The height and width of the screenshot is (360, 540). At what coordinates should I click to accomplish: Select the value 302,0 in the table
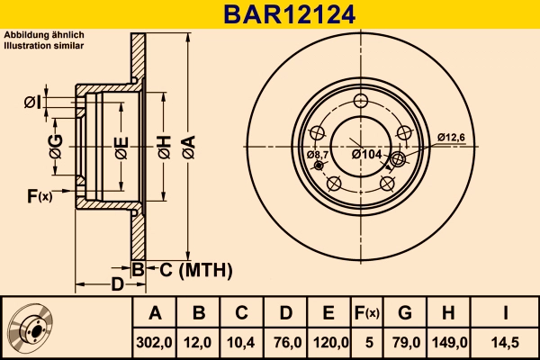pyautogui.click(x=155, y=341)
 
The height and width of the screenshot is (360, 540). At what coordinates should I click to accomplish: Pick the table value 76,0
pyautogui.click(x=286, y=341)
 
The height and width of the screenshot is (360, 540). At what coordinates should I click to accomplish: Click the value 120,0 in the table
pyautogui.click(x=329, y=341)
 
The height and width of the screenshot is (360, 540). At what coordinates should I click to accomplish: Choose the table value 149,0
pyautogui.click(x=448, y=341)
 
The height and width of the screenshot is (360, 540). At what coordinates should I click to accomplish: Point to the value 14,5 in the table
pyautogui.click(x=506, y=341)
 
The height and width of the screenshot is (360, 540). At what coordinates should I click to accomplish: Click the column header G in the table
pyautogui.click(x=405, y=313)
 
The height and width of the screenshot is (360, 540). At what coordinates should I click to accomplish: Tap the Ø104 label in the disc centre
pyautogui.click(x=368, y=154)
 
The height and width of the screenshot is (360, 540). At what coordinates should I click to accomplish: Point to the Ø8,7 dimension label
pyautogui.click(x=318, y=156)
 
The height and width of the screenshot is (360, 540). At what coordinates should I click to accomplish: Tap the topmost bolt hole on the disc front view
pyautogui.click(x=362, y=101)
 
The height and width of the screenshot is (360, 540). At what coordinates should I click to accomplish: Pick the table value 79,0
pyautogui.click(x=405, y=341)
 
